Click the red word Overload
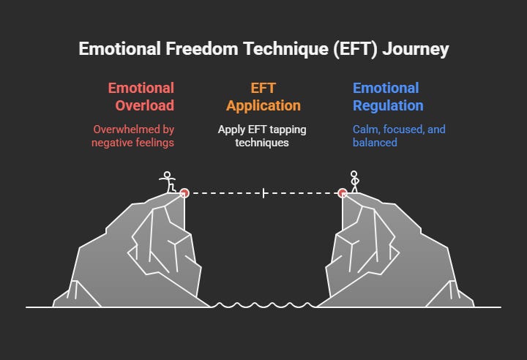tap(144, 105)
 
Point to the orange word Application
tap(263, 105)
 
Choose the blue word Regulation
tap(388, 105)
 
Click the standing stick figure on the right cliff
tap(355, 181)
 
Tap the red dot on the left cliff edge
tap(184, 193)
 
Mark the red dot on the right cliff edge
tap(343, 193)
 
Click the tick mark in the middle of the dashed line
tap(263, 193)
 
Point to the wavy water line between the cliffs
tap(263, 305)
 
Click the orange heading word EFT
tap(263, 89)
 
